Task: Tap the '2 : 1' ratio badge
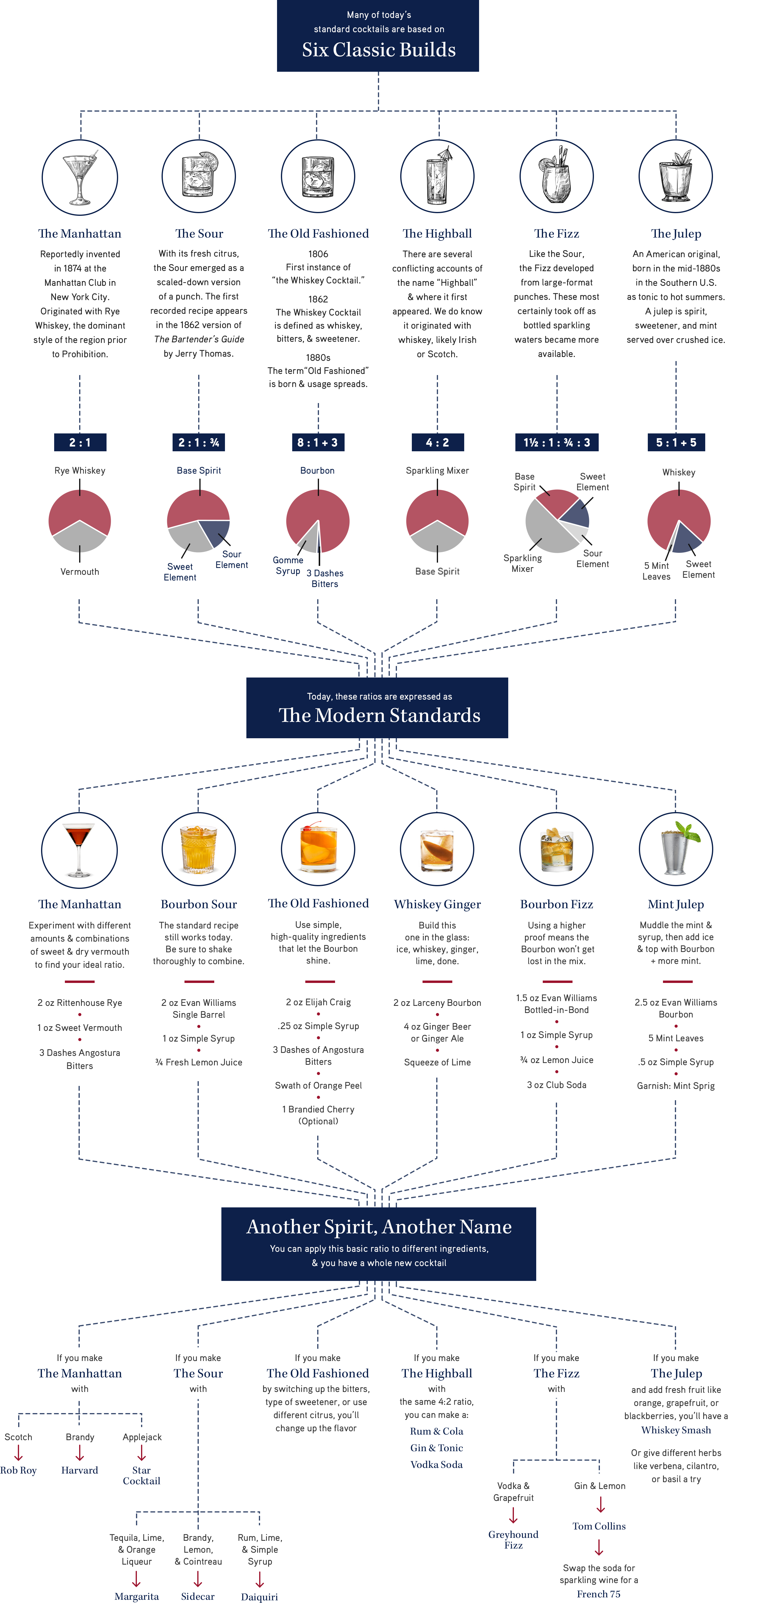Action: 80,442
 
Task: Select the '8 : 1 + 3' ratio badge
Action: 318,442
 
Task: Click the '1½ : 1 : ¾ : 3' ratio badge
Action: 557,442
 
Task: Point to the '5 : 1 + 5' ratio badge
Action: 676,442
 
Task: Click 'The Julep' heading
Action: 676,234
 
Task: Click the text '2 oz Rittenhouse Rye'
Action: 80,1003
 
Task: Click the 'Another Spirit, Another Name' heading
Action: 379,1226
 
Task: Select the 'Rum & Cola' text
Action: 437,1431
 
